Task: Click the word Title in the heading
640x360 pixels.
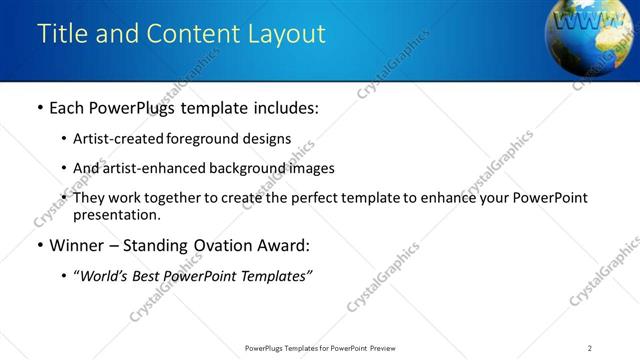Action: [62, 34]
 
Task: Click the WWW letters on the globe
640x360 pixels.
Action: [579, 20]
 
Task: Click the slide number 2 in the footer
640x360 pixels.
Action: [590, 348]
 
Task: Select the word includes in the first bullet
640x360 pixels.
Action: [283, 108]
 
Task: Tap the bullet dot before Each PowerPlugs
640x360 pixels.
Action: [39, 108]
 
